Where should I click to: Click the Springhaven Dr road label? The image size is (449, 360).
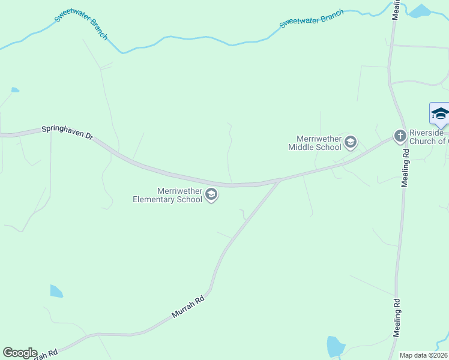click(67, 133)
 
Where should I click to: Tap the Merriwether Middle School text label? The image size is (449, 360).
click(315, 143)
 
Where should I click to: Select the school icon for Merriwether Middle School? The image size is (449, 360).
click(351, 142)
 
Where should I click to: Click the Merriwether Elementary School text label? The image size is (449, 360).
click(167, 195)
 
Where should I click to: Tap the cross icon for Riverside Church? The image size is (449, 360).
click(400, 136)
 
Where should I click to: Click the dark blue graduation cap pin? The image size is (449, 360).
click(439, 114)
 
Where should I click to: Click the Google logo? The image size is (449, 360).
click(20, 353)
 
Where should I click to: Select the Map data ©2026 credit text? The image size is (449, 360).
click(423, 355)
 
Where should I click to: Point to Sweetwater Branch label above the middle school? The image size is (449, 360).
click(312, 19)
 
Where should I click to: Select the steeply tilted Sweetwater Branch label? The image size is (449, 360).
click(81, 24)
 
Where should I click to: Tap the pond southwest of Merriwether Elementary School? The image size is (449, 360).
click(56, 292)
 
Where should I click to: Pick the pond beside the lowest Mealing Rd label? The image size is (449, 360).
click(335, 346)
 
